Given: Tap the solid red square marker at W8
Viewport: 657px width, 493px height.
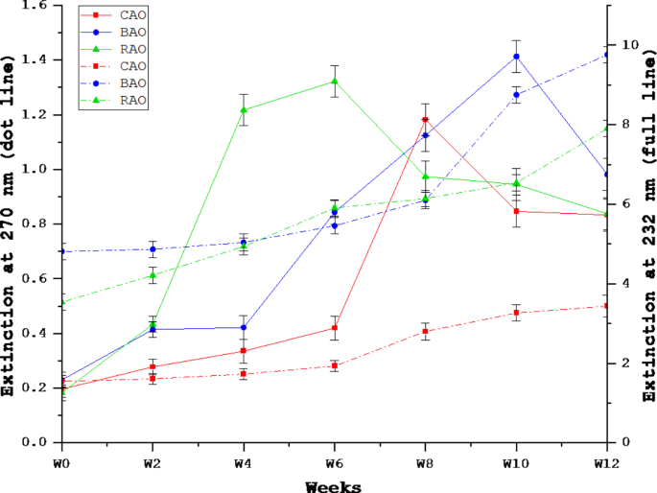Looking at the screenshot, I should pyautogui.click(x=425, y=120).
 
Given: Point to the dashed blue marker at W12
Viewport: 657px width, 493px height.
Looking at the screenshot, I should pyautogui.click(x=607, y=55).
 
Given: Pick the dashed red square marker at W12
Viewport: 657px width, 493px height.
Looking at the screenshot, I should pyautogui.click(x=607, y=306).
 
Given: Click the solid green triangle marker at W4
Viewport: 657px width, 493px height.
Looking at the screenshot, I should pyautogui.click(x=243, y=109).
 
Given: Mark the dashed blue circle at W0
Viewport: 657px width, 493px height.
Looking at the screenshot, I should pyautogui.click(x=61, y=251).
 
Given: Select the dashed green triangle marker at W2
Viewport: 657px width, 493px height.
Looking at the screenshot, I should pyautogui.click(x=152, y=275).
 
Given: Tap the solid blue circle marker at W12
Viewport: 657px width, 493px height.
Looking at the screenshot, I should pyautogui.click(x=607, y=174).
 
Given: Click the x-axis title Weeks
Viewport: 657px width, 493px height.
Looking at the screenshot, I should pyautogui.click(x=333, y=486).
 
